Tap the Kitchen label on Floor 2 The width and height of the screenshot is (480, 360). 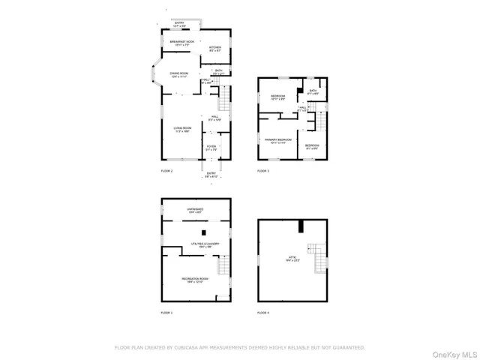coord(215,48)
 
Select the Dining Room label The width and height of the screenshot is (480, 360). coord(178,74)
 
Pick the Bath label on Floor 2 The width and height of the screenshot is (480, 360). coord(218,72)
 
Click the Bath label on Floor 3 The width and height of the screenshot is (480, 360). coord(313,91)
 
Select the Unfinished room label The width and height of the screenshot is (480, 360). coord(196,211)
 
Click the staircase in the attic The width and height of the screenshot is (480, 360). coord(321,259)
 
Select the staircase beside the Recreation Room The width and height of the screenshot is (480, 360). coord(223,265)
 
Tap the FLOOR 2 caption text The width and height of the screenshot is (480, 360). coord(166,172)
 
